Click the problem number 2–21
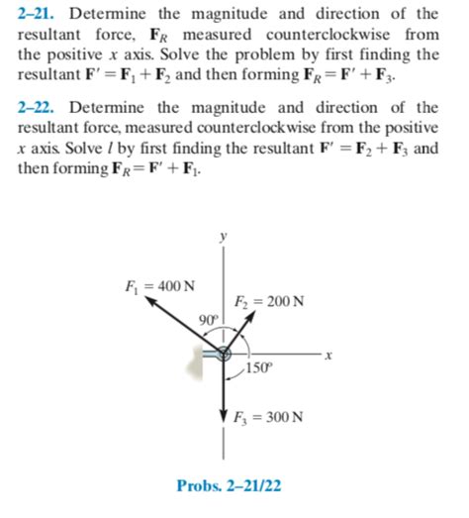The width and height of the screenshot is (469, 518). (42, 13)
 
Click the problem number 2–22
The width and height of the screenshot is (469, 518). (42, 107)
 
